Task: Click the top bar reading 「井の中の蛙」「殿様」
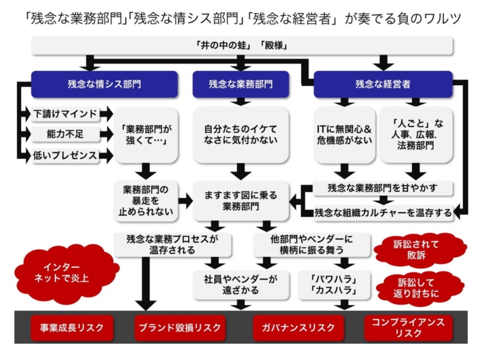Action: [242, 46]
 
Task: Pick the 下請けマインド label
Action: [64, 114]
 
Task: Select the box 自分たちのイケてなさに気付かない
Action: [241, 135]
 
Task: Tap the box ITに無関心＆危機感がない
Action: [344, 135]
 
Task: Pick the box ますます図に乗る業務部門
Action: [241, 201]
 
